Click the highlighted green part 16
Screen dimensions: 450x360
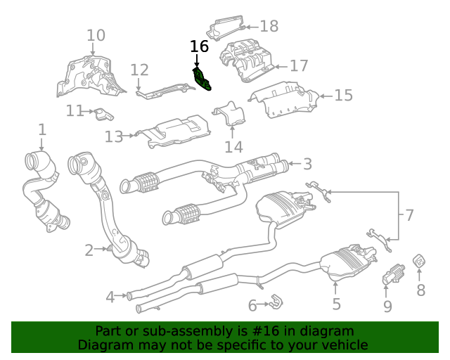202,79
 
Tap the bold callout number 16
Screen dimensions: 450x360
199,46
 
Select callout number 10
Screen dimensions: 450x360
96,35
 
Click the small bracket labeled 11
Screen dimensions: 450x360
103,115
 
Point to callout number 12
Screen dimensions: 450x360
139,70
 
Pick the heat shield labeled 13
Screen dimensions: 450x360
173,131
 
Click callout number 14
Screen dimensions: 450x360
233,147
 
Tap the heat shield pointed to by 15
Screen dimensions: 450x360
284,100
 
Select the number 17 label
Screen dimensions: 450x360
299,65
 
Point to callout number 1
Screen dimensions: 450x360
42,129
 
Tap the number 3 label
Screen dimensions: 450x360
307,164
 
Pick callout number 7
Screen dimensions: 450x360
409,215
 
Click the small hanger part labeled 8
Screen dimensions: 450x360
419,261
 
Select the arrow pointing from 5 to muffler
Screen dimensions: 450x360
335,288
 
